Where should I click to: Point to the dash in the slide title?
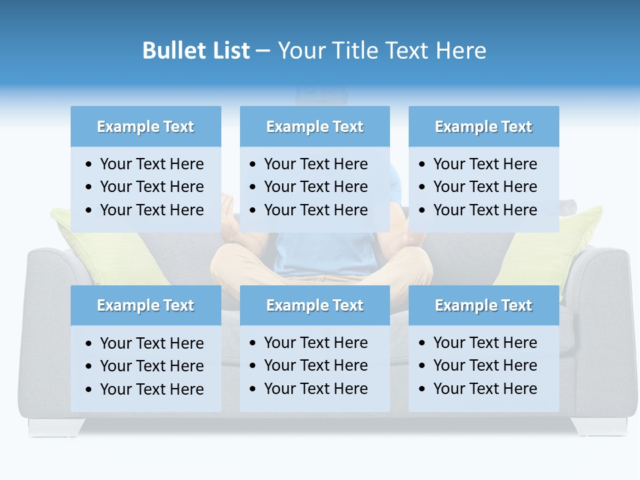pyautogui.click(x=263, y=51)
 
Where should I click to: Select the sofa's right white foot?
pyautogui.click(x=599, y=427)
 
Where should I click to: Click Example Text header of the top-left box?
pyautogui.click(x=145, y=127)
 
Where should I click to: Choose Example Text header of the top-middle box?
pyautogui.click(x=315, y=127)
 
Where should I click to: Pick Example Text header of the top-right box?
pyautogui.click(x=483, y=127)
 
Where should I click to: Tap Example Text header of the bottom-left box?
pyautogui.click(x=145, y=305)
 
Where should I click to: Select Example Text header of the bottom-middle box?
pyautogui.click(x=315, y=305)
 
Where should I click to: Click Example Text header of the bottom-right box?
pyautogui.click(x=483, y=305)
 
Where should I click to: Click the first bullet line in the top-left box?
pyautogui.click(x=151, y=164)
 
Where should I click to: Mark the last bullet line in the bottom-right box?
pyautogui.click(x=485, y=389)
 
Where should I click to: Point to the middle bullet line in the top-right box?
pyautogui.click(x=485, y=187)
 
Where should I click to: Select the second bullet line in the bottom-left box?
pyautogui.click(x=151, y=366)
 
